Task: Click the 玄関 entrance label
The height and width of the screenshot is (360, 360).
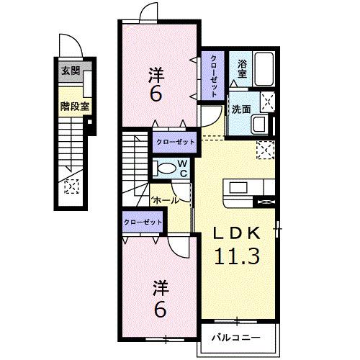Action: coord(70,71)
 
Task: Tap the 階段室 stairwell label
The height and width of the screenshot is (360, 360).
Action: coord(74,104)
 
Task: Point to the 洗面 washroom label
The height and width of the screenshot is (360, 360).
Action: coord(240,109)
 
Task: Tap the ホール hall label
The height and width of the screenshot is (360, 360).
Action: coord(165,201)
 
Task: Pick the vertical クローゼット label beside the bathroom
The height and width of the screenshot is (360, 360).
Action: coord(214,75)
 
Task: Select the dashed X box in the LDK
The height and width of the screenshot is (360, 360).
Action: coord(265,150)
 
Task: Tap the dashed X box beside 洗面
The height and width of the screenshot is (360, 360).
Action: coord(266,102)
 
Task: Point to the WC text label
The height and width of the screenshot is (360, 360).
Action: coord(183,168)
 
